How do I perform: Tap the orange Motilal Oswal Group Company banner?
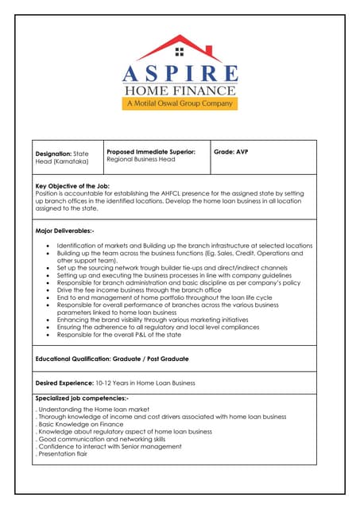pyautogui.click(x=180, y=103)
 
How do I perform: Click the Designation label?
pyautogui.click(x=53, y=152)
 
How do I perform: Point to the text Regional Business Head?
pyautogui.click(x=140, y=159)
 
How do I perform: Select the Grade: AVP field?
pyautogui.click(x=231, y=151)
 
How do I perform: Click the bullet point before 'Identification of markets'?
pyautogui.click(x=48, y=246)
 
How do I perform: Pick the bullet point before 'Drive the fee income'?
pyautogui.click(x=48, y=291)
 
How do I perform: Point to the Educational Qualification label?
pyautogui.click(x=88, y=359)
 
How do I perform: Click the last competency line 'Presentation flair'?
pyautogui.click(x=63, y=454)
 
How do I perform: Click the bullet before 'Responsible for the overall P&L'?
pyautogui.click(x=48, y=336)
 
